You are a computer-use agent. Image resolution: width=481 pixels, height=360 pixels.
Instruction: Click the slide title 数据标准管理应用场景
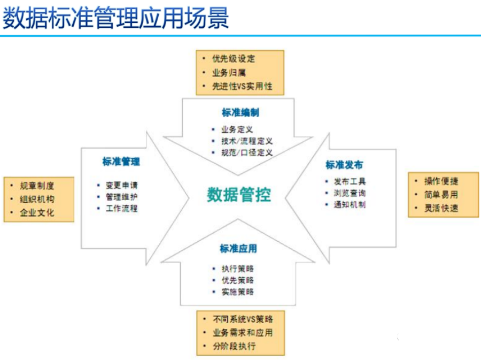tap(115, 19)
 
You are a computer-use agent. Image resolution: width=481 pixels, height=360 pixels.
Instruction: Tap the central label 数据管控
tap(239, 195)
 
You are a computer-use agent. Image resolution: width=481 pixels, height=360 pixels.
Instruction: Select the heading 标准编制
tap(241, 113)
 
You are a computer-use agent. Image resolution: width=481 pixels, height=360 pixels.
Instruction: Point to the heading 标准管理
tap(121, 162)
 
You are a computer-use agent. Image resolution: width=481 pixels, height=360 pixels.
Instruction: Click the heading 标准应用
tap(238, 249)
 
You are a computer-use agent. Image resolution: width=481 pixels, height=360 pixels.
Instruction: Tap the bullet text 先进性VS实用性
tap(242, 86)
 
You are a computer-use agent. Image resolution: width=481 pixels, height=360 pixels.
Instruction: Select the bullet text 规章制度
tap(37, 186)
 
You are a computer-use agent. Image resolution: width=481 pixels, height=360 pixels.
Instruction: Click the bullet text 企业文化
tap(37, 212)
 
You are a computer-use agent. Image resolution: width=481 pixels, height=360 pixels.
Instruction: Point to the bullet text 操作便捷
tap(441, 181)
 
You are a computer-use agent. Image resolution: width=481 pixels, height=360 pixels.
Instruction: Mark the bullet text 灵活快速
tap(441, 208)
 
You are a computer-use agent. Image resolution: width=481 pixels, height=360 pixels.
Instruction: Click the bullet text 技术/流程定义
tap(247, 141)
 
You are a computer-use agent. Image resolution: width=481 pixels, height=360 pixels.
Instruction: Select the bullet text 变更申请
tap(121, 185)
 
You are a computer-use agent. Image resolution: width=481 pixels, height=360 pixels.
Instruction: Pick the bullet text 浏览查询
tap(350, 193)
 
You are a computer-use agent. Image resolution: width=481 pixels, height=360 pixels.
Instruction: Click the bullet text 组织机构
tap(37, 199)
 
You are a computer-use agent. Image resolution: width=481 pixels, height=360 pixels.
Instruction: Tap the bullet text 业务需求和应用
tap(243, 332)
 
